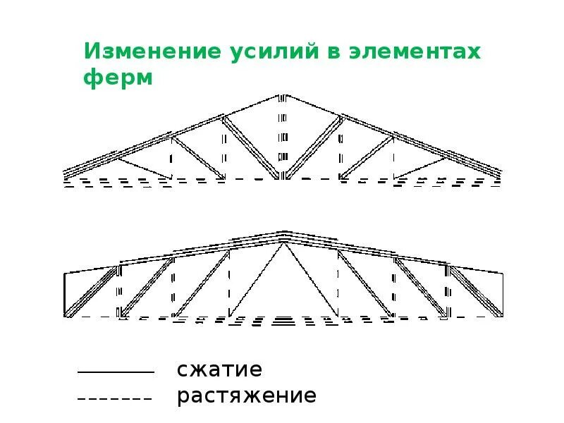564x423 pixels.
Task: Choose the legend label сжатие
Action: pos(219,369)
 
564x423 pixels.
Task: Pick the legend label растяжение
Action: pos(247,396)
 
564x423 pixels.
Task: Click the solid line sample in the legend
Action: pos(115,372)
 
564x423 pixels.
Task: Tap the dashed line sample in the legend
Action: pos(115,398)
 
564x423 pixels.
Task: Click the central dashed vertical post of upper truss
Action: pos(283,137)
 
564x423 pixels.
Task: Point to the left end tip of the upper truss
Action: pos(64,173)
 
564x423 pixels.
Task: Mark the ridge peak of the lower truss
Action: pos(283,233)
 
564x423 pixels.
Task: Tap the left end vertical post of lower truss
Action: pos(65,294)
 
